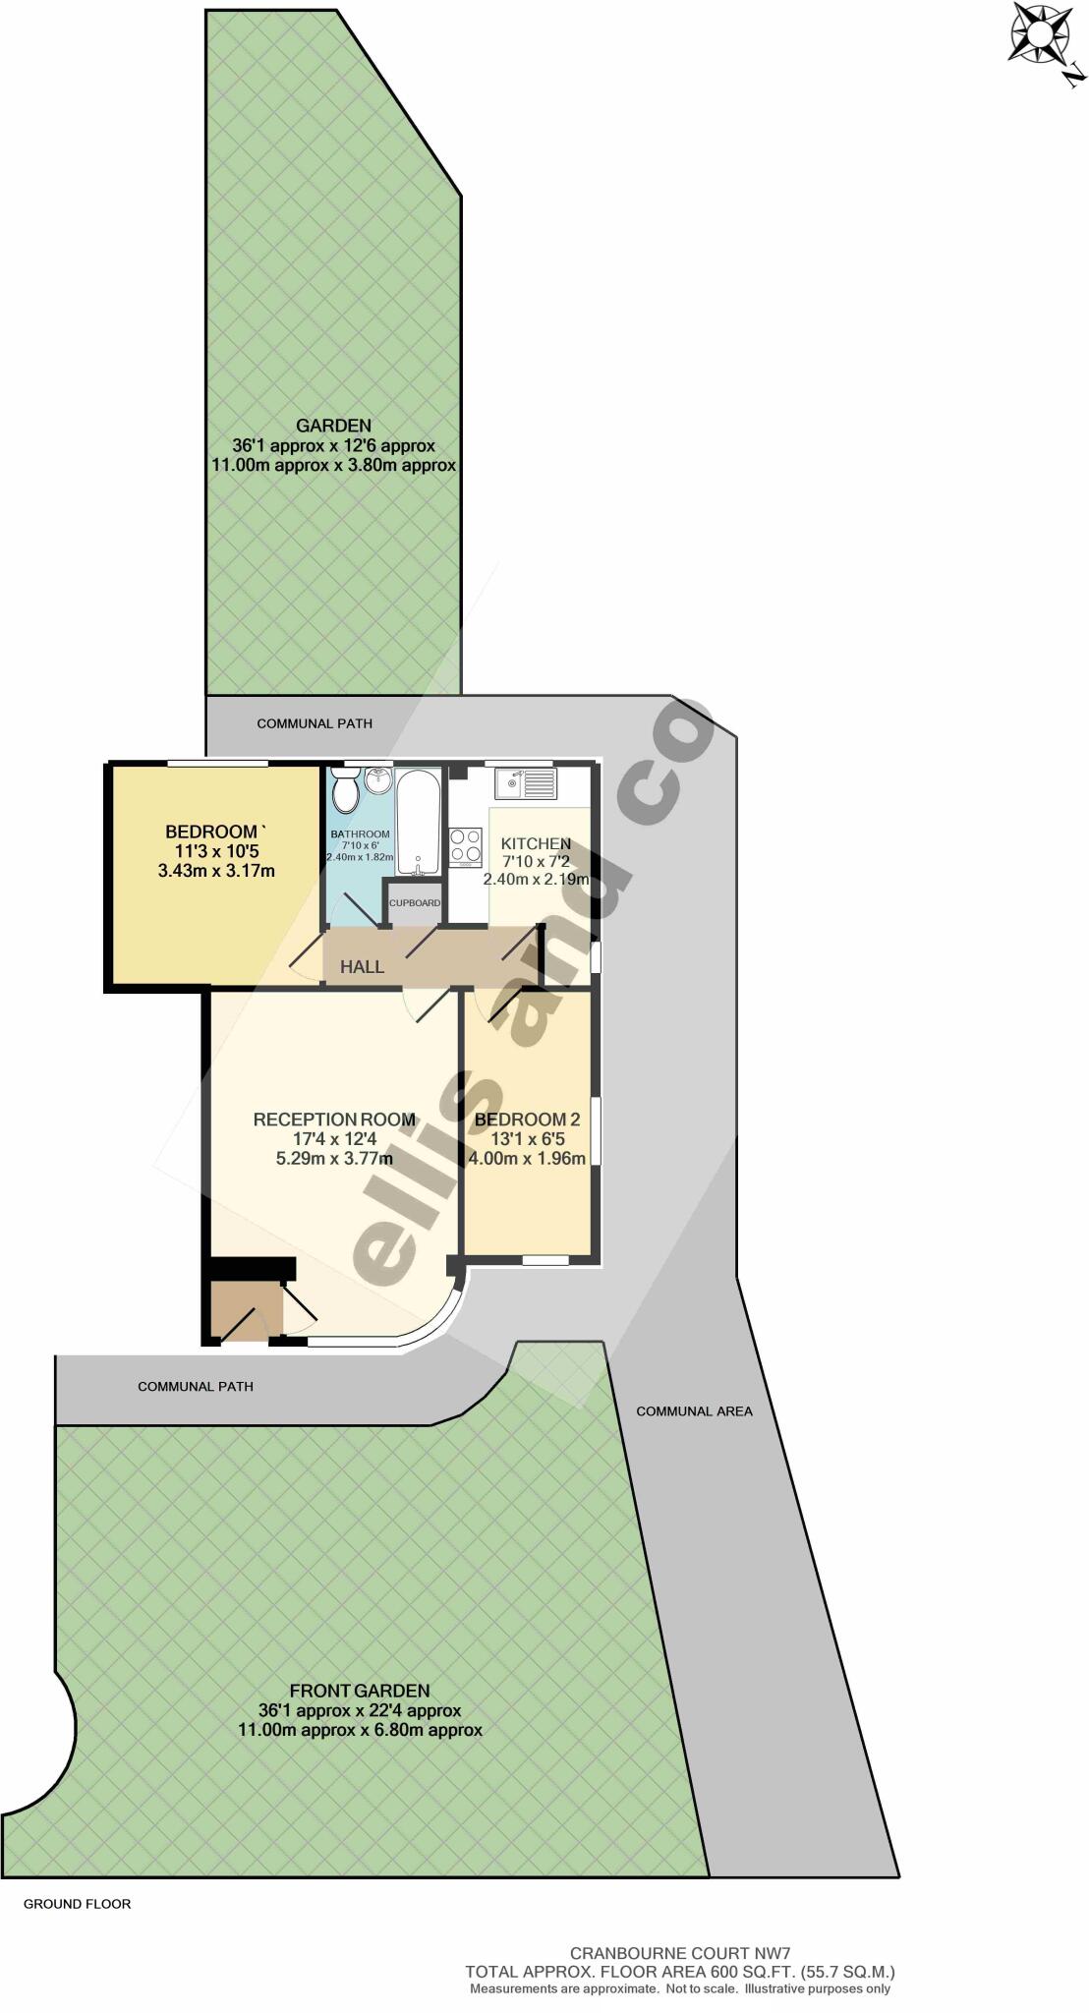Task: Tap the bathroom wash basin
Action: click(x=378, y=782)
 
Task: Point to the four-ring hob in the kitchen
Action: click(x=466, y=846)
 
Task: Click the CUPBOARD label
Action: click(x=415, y=902)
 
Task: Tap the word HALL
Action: click(x=362, y=967)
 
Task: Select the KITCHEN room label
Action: click(x=536, y=843)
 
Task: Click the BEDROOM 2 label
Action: click(x=527, y=1120)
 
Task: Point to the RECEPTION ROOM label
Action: click(x=334, y=1120)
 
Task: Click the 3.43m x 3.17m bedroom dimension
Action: click(x=215, y=870)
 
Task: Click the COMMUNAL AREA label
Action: click(x=694, y=1411)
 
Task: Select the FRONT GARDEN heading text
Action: click(x=359, y=1691)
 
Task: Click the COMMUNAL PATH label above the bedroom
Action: click(x=315, y=723)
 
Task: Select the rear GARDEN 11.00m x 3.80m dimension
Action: click(x=334, y=465)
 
